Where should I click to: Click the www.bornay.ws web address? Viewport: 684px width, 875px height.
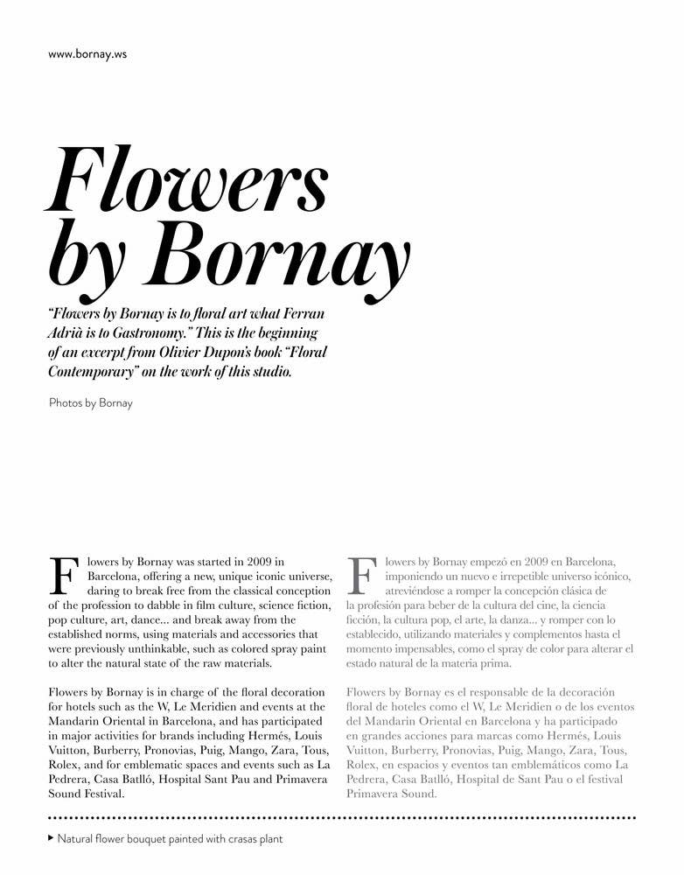(87, 54)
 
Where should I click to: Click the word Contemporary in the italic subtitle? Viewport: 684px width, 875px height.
(95, 372)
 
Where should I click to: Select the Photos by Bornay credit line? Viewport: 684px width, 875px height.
(91, 403)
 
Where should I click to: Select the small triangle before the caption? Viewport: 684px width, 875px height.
(50, 838)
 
